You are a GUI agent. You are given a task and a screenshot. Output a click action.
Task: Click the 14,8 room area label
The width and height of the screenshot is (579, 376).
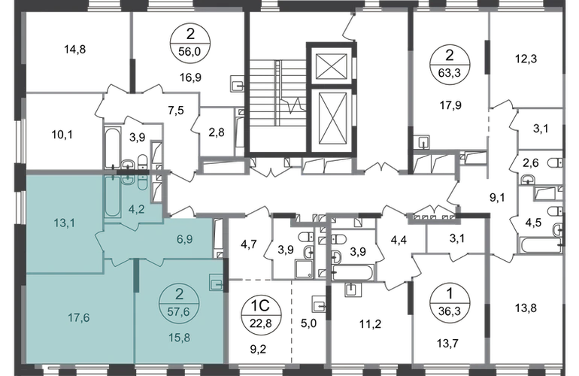(75, 49)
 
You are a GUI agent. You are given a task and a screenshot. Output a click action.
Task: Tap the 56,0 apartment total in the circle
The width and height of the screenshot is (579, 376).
(189, 51)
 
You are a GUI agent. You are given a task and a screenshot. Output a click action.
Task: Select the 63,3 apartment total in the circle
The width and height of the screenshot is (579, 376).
(450, 73)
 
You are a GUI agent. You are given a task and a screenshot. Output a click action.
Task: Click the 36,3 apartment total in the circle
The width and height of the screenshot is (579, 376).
(449, 311)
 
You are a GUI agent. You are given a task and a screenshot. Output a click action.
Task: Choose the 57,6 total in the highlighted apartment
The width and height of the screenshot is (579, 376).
(179, 312)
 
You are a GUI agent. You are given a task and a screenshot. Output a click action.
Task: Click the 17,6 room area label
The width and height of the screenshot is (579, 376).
(79, 317)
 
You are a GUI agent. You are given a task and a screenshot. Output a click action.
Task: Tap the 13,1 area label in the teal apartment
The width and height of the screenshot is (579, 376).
(64, 223)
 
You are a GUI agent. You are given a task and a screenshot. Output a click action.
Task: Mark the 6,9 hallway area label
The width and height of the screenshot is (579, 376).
(185, 239)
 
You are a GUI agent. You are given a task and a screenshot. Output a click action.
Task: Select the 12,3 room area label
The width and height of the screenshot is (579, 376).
(526, 59)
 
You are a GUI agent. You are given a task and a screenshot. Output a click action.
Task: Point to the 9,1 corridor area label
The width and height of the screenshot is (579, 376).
(497, 198)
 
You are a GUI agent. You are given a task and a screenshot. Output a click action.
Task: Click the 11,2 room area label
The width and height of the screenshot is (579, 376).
(371, 324)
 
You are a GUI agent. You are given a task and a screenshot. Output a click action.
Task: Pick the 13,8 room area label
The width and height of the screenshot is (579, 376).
(526, 308)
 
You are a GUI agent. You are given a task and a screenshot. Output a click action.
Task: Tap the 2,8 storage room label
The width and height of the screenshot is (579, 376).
(217, 132)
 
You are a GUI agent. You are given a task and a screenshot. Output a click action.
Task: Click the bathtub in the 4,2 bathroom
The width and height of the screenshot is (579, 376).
(112, 197)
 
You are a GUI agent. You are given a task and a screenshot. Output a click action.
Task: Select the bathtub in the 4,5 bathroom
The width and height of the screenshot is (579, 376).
(540, 246)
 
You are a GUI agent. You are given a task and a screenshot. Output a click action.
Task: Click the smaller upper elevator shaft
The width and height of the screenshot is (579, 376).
(332, 65)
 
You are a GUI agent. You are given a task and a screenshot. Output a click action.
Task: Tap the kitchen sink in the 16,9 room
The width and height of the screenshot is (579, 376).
(236, 83)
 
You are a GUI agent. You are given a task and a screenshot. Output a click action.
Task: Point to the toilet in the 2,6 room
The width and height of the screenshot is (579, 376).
(555, 163)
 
